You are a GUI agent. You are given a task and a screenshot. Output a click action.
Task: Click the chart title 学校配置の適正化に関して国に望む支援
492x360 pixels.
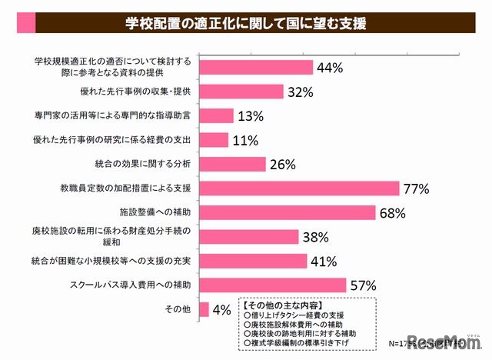coord(246,22)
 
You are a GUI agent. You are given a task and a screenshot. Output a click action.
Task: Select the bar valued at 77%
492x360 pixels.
coord(299,188)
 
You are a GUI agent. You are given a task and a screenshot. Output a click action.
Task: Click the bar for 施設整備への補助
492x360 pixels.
coord(288,212)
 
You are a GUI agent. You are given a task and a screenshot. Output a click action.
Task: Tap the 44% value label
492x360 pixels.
coord(329,68)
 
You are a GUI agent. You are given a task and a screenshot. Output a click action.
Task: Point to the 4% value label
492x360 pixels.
coord(222,309)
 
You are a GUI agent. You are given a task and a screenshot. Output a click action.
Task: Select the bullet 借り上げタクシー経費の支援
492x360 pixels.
coord(291,315)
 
